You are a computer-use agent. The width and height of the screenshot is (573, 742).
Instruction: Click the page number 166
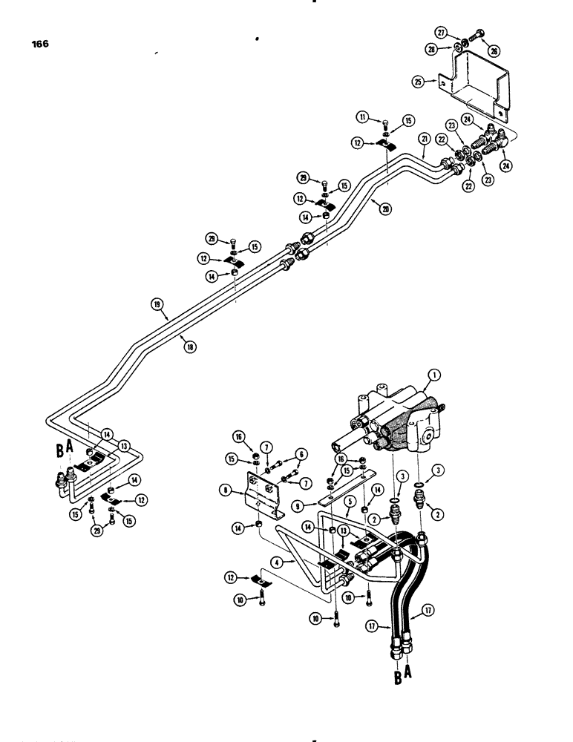point(40,45)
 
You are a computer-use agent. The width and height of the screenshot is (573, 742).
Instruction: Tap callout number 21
point(424,139)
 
